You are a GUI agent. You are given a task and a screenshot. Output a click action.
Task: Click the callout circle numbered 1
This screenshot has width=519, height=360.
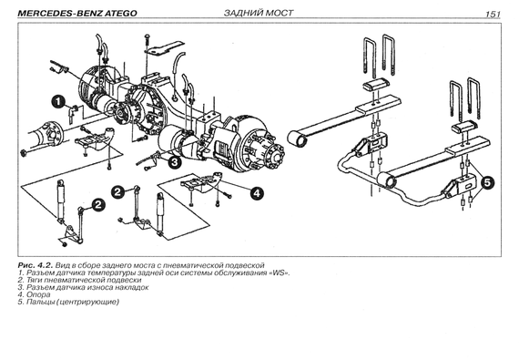click(58, 101)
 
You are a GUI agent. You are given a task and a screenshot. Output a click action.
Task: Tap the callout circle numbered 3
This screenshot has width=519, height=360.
click(175, 161)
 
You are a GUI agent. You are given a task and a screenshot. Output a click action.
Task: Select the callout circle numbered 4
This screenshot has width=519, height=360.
click(257, 192)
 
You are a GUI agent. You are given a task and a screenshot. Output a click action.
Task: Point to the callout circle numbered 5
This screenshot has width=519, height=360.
click(487, 182)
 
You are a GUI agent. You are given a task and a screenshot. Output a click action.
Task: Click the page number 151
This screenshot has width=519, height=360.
click(493, 15)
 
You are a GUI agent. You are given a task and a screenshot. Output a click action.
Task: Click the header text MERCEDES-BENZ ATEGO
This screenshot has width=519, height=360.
click(76, 14)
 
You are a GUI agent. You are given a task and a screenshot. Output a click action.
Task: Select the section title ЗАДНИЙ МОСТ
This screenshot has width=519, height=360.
click(259, 13)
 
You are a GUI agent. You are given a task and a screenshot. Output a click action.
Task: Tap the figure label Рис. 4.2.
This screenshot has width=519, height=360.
click(36, 265)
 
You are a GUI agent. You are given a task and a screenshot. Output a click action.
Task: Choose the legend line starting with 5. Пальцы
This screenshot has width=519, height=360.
click(68, 302)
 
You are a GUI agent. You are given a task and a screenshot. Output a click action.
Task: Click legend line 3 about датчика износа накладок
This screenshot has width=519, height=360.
click(83, 287)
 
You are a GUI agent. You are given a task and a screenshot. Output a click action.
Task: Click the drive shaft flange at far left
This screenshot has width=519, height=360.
click(54, 135)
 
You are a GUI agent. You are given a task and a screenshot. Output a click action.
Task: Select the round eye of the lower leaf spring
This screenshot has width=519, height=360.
click(387, 181)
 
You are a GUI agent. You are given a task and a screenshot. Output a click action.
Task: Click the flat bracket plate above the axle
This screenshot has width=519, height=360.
click(165, 47)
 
